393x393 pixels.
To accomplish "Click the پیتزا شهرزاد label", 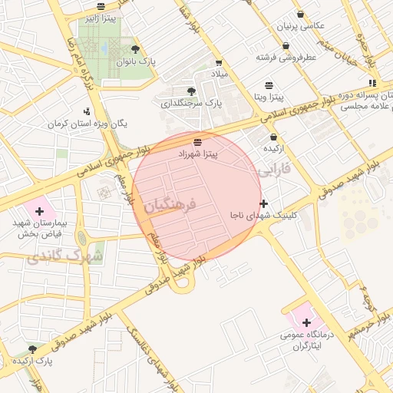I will coord(199,154).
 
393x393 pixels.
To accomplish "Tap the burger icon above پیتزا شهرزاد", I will coord(198,142).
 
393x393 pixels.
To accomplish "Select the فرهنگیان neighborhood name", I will coord(170,205).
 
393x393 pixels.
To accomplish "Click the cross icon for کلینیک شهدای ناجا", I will coord(264,203).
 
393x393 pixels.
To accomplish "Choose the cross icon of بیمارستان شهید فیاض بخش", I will coord(39,210).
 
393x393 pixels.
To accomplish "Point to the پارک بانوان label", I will coord(137,62).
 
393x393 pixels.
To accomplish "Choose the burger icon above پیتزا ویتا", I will coord(269,84).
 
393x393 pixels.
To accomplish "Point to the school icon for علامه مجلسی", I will coord(372,83).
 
